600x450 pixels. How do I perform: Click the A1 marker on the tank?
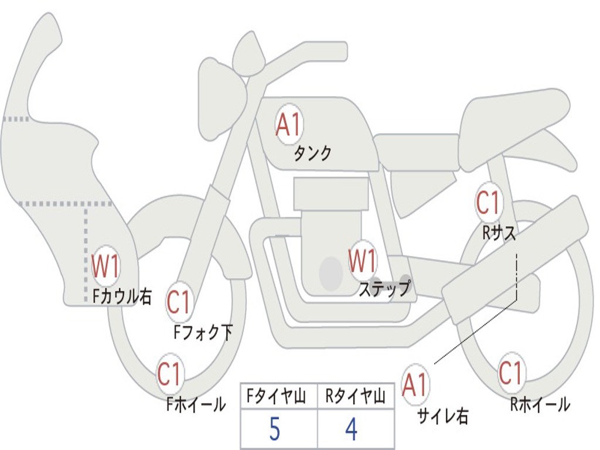point(288,125)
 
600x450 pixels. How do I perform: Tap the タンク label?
point(313,154)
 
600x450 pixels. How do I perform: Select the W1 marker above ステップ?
point(363,260)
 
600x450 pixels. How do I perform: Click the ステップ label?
point(384,289)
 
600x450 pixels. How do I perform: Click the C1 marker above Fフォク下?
point(179,302)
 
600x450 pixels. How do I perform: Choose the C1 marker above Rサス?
point(487,203)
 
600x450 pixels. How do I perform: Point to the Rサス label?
point(499,233)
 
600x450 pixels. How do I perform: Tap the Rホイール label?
point(540,404)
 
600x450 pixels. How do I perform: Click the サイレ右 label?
point(443,415)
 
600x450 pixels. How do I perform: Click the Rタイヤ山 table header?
point(355,398)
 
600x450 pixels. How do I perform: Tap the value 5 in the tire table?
point(275,429)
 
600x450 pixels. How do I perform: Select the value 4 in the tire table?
point(350,429)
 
